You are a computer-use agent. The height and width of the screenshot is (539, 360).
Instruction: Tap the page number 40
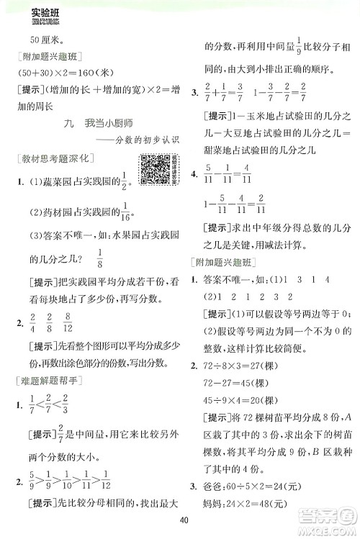pos(185,522)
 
